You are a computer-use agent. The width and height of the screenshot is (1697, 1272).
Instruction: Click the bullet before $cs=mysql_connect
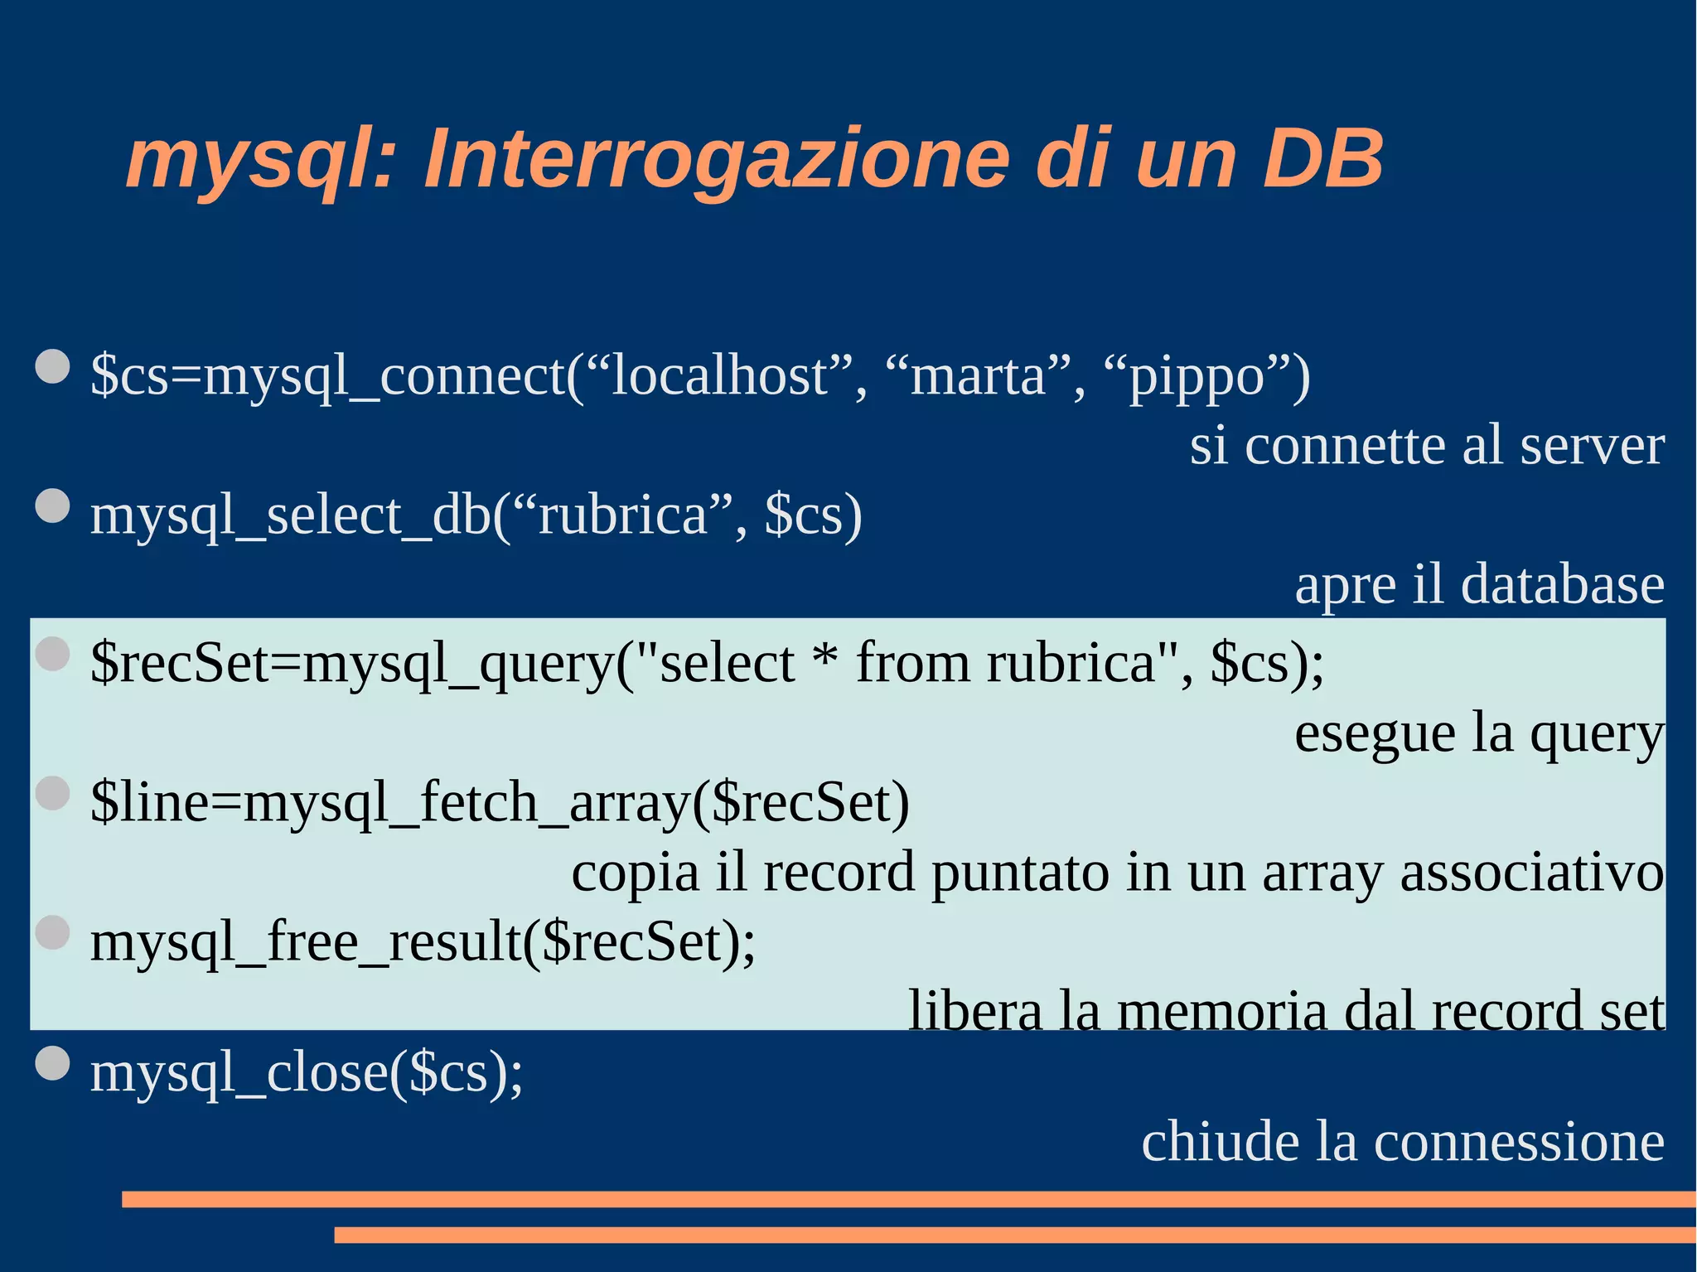tap(53, 366)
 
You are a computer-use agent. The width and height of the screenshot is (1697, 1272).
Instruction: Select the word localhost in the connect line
tap(718, 376)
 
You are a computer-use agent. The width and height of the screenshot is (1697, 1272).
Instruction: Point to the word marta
tap(979, 376)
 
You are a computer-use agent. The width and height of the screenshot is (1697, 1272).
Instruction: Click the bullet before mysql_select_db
tap(53, 505)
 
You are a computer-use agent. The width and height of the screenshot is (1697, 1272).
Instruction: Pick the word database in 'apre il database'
tap(1562, 585)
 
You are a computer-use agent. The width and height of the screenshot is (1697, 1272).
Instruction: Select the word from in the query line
tap(912, 663)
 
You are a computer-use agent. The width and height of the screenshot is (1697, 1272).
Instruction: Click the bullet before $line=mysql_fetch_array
tap(53, 793)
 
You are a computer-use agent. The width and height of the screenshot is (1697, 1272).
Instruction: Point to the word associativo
tap(1531, 873)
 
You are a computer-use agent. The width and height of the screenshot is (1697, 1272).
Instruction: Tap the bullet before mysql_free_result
tap(53, 932)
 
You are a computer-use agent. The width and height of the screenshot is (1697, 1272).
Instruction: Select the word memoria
tap(1221, 1012)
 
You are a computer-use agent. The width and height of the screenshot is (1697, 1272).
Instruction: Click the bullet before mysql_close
tap(53, 1064)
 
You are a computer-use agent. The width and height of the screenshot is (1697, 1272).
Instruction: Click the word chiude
tap(1221, 1142)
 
